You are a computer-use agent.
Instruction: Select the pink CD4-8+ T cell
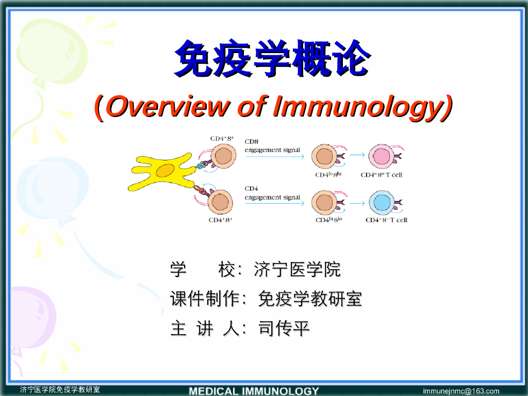pyautogui.click(x=382, y=156)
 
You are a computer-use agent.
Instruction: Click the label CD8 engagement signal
pyautogui.click(x=272, y=145)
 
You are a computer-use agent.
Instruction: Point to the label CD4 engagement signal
pyautogui.click(x=272, y=193)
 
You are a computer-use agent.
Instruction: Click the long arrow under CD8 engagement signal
pyautogui.click(x=275, y=157)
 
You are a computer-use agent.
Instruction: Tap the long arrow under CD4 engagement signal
pyautogui.click(x=275, y=203)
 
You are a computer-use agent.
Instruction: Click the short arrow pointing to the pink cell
pyautogui.click(x=357, y=155)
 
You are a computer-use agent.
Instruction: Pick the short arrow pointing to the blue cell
pyautogui.click(x=357, y=203)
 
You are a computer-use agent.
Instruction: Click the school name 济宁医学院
pyautogui.click(x=298, y=269)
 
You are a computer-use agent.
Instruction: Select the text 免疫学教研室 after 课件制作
pyautogui.click(x=310, y=299)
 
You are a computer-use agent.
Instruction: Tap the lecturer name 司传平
pyautogui.click(x=284, y=328)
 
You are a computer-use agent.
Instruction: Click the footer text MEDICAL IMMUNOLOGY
pyautogui.click(x=254, y=391)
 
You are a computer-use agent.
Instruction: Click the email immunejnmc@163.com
pyautogui.click(x=461, y=391)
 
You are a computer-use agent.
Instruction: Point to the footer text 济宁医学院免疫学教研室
pyautogui.click(x=60, y=390)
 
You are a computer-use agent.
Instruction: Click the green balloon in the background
pyautogui.click(x=53, y=51)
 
